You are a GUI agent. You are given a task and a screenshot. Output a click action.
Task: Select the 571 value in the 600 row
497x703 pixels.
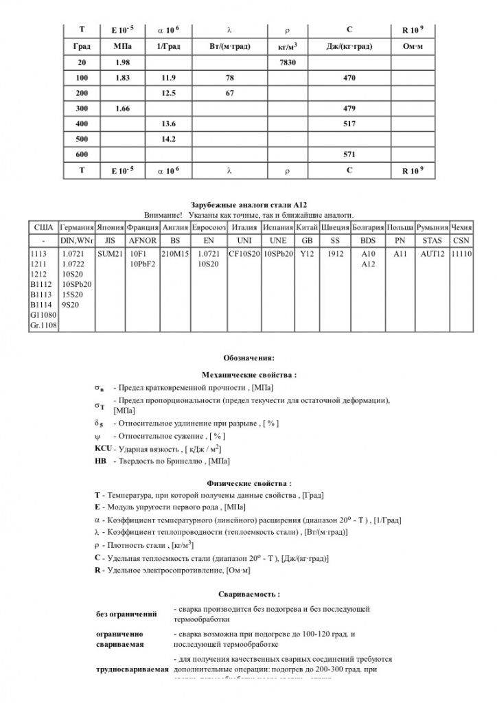[x=349, y=154]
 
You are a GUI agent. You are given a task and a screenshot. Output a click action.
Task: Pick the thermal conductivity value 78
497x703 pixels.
[x=230, y=78]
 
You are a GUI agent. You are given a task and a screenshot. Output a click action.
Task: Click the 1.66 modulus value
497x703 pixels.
[x=124, y=108]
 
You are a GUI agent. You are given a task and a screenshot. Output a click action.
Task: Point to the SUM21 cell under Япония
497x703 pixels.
[x=110, y=254]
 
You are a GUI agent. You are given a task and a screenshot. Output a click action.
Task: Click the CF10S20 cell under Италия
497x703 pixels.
[x=245, y=254]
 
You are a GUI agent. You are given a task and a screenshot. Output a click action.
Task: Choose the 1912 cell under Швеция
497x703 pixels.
[x=335, y=254]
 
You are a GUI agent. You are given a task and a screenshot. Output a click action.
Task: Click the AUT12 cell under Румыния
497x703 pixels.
[x=432, y=254]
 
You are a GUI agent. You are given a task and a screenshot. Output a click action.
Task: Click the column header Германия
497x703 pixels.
[x=77, y=227]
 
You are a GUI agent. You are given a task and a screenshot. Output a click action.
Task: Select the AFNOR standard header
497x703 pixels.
[x=143, y=241]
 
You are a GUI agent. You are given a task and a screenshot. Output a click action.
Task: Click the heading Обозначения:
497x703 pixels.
[x=248, y=358]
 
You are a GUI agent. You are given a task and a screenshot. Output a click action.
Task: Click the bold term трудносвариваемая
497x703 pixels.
[x=132, y=669]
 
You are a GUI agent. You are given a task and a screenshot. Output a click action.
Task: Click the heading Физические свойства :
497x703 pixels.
[x=248, y=483]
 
